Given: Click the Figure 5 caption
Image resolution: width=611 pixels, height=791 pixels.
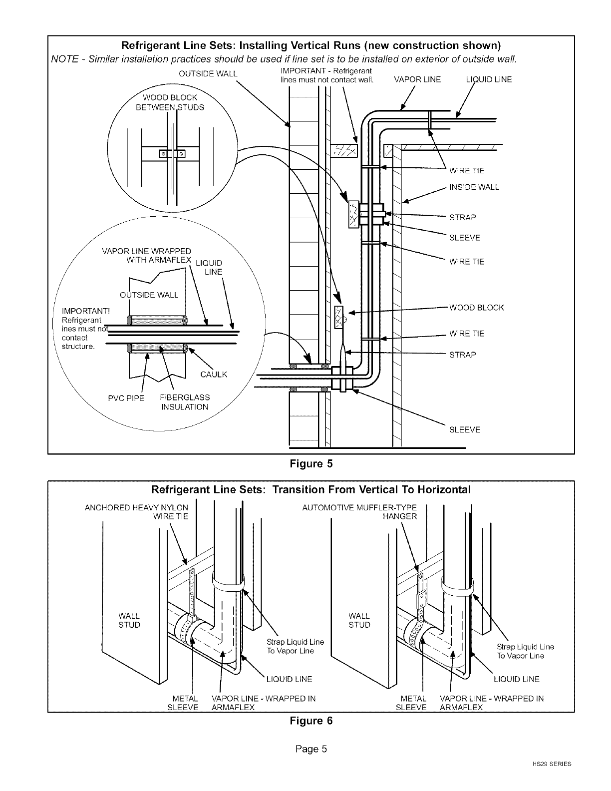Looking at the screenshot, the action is [x=311, y=464].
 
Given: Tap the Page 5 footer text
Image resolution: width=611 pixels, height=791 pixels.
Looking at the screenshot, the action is [x=311, y=749].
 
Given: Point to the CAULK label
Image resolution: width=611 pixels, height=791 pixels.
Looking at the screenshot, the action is [x=214, y=375].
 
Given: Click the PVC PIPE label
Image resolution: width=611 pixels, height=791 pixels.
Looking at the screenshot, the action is [x=126, y=398].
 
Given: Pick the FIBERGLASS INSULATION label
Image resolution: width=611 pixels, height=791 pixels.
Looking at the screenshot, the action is [x=185, y=402].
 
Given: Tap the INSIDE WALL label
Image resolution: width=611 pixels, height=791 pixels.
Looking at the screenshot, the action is [x=474, y=187].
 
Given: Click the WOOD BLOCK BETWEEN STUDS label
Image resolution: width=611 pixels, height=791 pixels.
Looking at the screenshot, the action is [x=170, y=102].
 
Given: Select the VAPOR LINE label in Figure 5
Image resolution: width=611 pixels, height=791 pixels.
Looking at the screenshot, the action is [x=417, y=79].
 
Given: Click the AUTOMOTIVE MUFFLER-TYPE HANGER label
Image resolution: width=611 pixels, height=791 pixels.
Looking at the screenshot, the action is [x=359, y=512].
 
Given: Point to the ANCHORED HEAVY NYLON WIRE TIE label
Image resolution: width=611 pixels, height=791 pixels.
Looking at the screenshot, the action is [x=136, y=512].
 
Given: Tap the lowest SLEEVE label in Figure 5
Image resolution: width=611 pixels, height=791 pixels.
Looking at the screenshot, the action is [x=465, y=429].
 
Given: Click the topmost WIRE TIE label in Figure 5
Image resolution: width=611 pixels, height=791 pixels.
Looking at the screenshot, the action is [x=467, y=171].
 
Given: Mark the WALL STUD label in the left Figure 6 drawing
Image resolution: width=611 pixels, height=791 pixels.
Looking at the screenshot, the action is [x=129, y=620].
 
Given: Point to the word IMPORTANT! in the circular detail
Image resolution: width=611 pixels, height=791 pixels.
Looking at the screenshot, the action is [x=86, y=311].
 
